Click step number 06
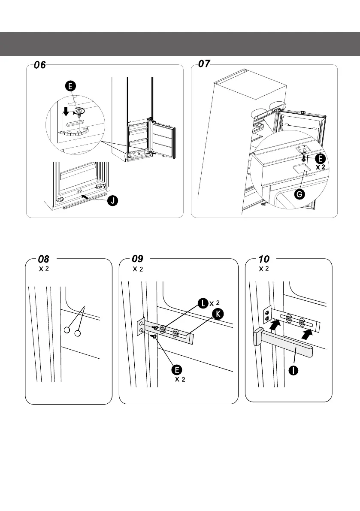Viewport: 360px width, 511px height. (40, 65)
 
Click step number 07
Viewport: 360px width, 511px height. (204, 63)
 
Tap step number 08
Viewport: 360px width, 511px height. (44, 260)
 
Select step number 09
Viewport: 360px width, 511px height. (137, 259)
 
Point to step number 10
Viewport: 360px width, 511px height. (264, 260)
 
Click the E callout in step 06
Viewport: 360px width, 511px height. (70, 86)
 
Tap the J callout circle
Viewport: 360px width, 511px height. (113, 200)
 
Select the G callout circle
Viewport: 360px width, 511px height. (299, 194)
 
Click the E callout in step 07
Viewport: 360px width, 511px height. (320, 159)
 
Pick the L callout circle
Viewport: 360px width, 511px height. (203, 303)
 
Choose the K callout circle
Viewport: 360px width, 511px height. (218, 314)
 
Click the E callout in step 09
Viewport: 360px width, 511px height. (177, 370)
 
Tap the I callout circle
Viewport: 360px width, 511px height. (293, 370)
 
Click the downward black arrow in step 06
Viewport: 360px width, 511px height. (66, 112)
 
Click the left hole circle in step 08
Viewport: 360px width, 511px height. (67, 330)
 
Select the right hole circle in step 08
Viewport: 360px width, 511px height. (78, 333)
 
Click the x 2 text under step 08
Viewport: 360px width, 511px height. (44, 269)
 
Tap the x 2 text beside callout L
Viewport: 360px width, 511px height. (215, 303)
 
